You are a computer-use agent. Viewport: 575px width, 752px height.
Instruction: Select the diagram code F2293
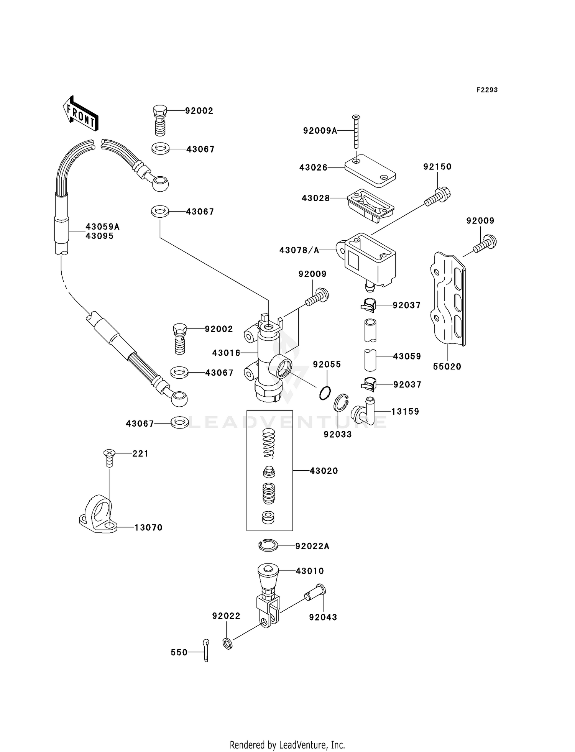point(487,90)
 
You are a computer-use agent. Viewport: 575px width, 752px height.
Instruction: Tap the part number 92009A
point(320,131)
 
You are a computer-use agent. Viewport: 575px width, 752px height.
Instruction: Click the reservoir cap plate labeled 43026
point(370,170)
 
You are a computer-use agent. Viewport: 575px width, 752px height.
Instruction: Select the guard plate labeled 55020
point(447,299)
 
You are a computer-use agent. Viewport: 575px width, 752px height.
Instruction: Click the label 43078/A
point(299,250)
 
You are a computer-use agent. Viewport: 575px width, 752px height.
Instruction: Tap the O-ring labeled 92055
point(325,393)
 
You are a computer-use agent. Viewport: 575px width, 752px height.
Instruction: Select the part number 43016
point(226,353)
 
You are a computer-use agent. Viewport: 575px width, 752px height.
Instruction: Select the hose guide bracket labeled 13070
point(99,516)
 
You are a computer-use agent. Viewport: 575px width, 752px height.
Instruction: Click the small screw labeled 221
point(109,457)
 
